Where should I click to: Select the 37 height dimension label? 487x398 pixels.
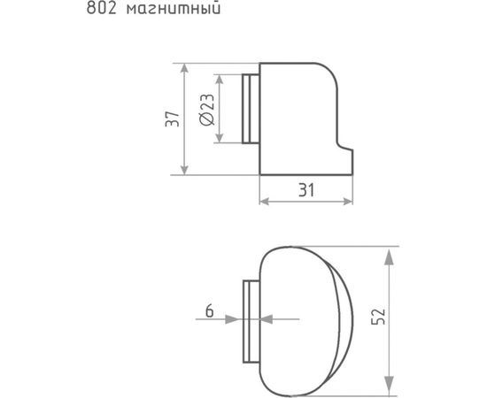click(x=174, y=119)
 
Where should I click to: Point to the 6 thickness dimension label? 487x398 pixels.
click(x=209, y=310)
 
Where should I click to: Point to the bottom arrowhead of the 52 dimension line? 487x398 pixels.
click(x=389, y=387)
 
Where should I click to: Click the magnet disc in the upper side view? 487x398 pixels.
click(x=250, y=108)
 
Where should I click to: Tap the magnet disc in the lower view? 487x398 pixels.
click(x=250, y=320)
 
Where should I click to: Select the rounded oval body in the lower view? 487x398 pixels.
click(x=305, y=320)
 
